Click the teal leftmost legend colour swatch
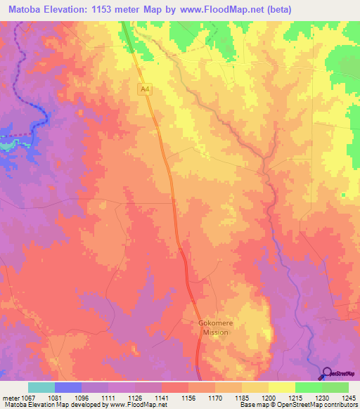click(41, 387)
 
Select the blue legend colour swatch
click(68, 387)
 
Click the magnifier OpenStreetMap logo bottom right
click(327, 375)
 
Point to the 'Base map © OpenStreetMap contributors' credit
click(300, 405)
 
